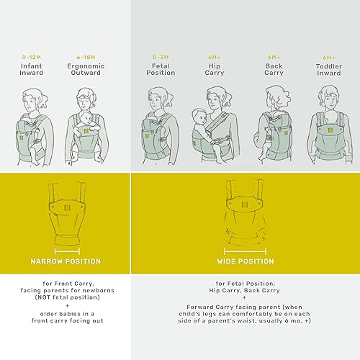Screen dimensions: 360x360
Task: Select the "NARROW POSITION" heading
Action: [65, 261]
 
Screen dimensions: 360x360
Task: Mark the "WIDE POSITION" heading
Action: [245, 261]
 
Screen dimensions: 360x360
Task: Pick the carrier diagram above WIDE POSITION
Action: [245, 212]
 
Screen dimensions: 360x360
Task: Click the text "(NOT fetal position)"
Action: [65, 305]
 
